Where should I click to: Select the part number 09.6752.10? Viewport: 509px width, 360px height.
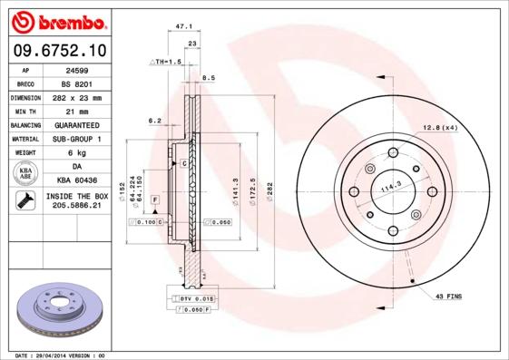click(x=58, y=51)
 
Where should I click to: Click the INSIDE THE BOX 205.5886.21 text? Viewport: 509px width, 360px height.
click(x=77, y=200)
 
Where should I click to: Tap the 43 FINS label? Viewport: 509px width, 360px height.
click(x=449, y=297)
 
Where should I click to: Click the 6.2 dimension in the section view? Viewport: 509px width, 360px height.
click(x=154, y=120)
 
